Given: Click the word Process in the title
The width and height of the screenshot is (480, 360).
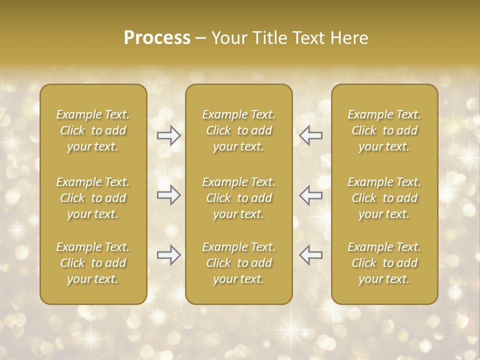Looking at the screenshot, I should tap(157, 38).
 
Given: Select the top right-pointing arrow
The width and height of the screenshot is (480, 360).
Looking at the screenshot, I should tap(169, 135).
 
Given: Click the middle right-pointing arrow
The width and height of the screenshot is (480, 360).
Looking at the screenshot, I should tap(169, 195).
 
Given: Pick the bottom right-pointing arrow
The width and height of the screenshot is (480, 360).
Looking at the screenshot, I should tap(169, 255).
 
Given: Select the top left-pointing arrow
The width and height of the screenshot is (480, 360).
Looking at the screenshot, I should tap(311, 135).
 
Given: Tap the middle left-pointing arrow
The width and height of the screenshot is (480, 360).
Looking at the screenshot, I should tap(311, 195).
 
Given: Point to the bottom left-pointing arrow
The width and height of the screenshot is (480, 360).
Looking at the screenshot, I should tap(311, 255).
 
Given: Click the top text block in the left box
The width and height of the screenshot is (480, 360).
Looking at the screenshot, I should tap(93, 130).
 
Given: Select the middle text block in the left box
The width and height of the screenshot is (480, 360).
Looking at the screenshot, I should tap(93, 198).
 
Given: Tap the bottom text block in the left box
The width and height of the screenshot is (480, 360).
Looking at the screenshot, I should tap(93, 263).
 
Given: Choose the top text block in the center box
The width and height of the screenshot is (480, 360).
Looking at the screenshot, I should tap(239, 130).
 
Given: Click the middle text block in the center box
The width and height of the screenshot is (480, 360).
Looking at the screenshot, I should tap(239, 198).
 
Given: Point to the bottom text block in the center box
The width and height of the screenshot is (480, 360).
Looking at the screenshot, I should tap(239, 263).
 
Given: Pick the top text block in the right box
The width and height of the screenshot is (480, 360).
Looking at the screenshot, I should tap(384, 130).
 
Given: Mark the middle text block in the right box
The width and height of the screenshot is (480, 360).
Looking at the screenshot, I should tap(384, 198).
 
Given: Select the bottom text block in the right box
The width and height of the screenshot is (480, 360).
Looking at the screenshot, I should tap(384, 263).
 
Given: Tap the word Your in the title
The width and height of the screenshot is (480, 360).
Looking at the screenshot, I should tap(227, 38).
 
